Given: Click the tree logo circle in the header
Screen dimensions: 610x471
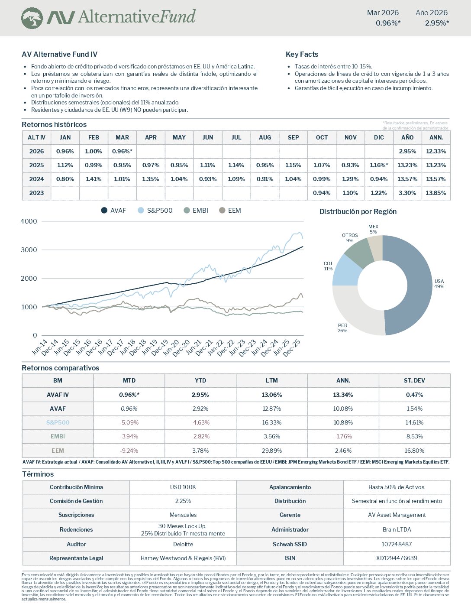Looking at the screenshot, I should click(x=32, y=18).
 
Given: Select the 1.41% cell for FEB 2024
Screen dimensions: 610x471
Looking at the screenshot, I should click(x=94, y=179).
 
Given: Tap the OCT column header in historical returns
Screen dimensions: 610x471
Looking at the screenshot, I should click(x=322, y=137).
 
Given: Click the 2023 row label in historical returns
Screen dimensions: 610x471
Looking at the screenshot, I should click(x=36, y=193).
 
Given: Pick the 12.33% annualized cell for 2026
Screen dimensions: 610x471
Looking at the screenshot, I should click(x=436, y=151).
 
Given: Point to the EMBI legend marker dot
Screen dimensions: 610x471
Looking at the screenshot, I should click(x=187, y=211).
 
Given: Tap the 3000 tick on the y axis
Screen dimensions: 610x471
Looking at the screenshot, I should click(x=29, y=250).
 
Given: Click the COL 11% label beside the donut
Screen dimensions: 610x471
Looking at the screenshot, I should click(x=328, y=266).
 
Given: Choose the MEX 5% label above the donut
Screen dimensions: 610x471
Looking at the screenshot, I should click(x=373, y=229).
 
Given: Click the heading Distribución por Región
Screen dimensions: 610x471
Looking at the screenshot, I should click(x=358, y=211).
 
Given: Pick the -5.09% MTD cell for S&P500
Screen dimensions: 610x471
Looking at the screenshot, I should click(x=129, y=422).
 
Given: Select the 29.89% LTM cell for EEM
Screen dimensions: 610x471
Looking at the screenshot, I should click(x=271, y=451).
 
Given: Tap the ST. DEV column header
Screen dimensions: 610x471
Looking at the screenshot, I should click(x=414, y=380).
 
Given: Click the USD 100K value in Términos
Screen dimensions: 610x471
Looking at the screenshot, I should click(x=183, y=487).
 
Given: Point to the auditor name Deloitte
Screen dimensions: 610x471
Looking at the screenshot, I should click(x=183, y=544).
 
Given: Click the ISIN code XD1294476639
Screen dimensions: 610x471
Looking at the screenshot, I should click(x=397, y=558).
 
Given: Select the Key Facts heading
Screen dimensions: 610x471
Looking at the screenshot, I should click(x=302, y=54).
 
